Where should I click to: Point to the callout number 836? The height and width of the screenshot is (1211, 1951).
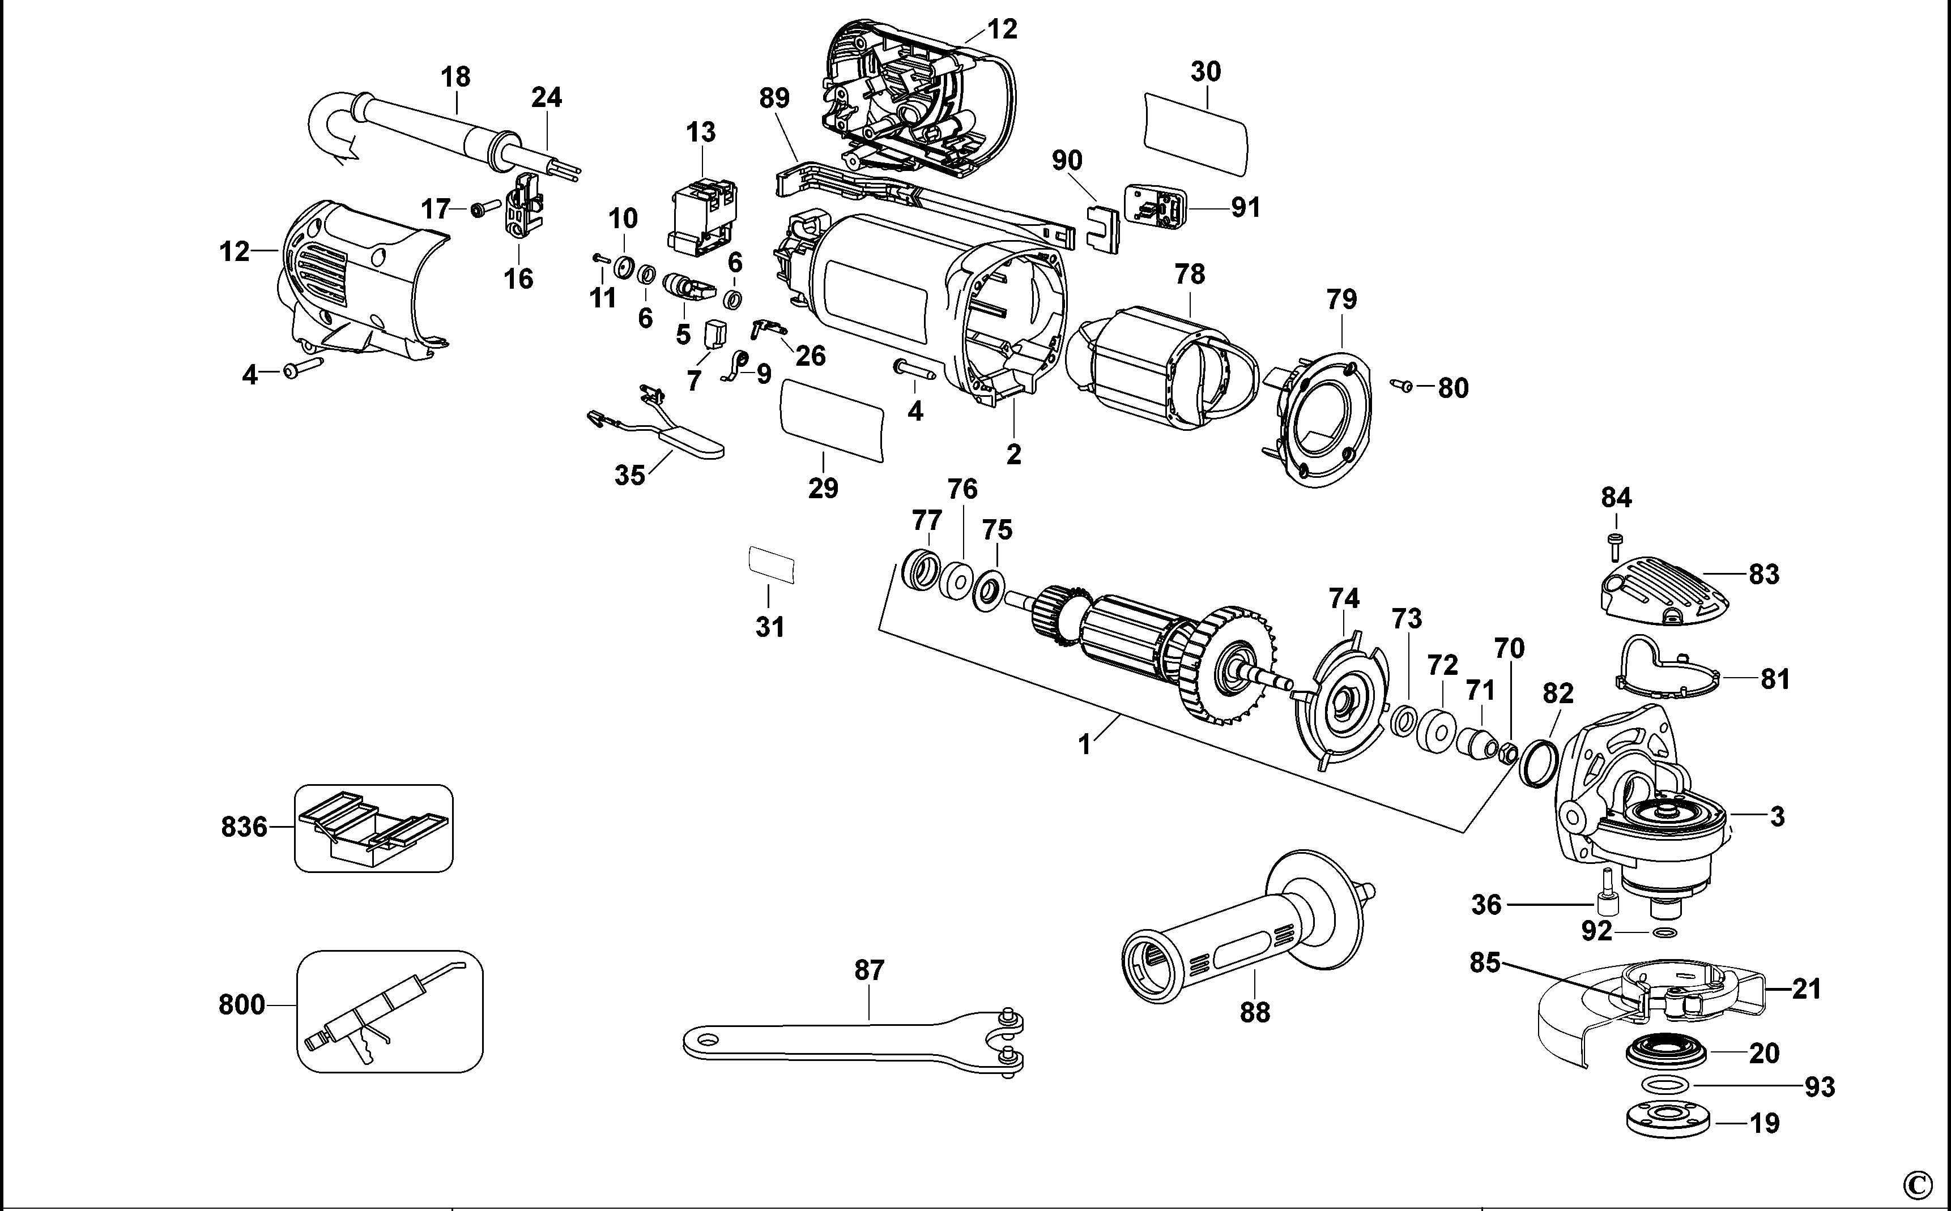point(244,827)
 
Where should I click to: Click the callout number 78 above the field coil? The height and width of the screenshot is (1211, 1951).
point(1189,274)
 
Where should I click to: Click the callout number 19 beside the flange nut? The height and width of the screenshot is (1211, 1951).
point(1764,1123)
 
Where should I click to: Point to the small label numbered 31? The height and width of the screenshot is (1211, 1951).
point(772,566)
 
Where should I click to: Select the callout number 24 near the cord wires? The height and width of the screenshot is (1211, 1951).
point(547,97)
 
